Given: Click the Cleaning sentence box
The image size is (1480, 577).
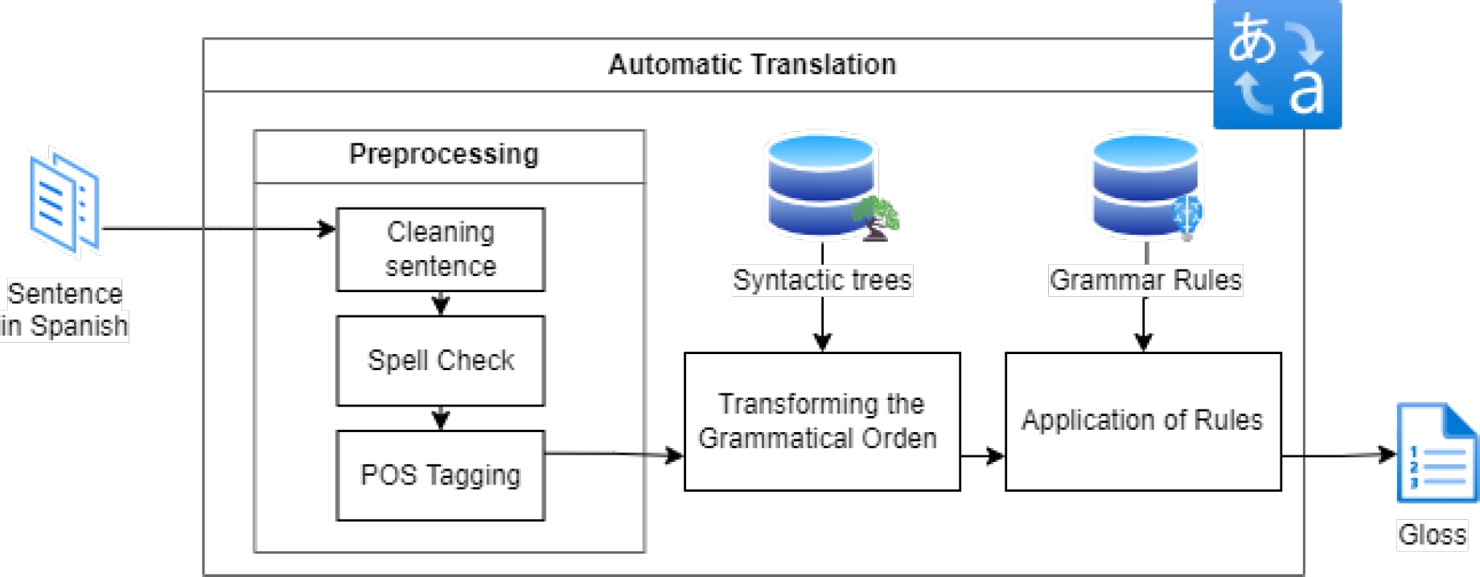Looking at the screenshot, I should [440, 249].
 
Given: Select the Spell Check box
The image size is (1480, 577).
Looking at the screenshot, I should [440, 361].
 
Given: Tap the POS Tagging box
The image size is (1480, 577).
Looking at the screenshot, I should [440, 475].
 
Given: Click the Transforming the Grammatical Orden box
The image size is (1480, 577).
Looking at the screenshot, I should [821, 421].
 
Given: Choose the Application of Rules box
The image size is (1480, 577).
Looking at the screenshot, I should [1142, 421].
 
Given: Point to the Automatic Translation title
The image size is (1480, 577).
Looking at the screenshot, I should [751, 64].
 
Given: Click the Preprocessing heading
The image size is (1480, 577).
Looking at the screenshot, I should [444, 155].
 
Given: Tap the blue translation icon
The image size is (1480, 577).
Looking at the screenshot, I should [1276, 64].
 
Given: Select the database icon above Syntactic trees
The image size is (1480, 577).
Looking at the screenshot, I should [820, 185].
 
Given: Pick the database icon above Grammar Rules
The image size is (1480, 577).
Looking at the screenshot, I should [1145, 185].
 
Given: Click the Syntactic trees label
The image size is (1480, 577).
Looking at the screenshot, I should [822, 280].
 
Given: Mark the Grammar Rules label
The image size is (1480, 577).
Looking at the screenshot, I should [1145, 280].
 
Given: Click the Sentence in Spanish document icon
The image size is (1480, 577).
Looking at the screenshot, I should [64, 203].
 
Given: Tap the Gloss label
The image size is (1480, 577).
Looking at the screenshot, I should [1432, 534].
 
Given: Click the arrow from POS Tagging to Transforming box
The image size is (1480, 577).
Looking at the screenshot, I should [614, 455].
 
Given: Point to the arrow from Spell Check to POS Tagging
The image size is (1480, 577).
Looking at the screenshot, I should [440, 418].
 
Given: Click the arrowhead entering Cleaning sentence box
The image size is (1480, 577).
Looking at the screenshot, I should [327, 229].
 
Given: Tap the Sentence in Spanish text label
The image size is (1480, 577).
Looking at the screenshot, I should [64, 310].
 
